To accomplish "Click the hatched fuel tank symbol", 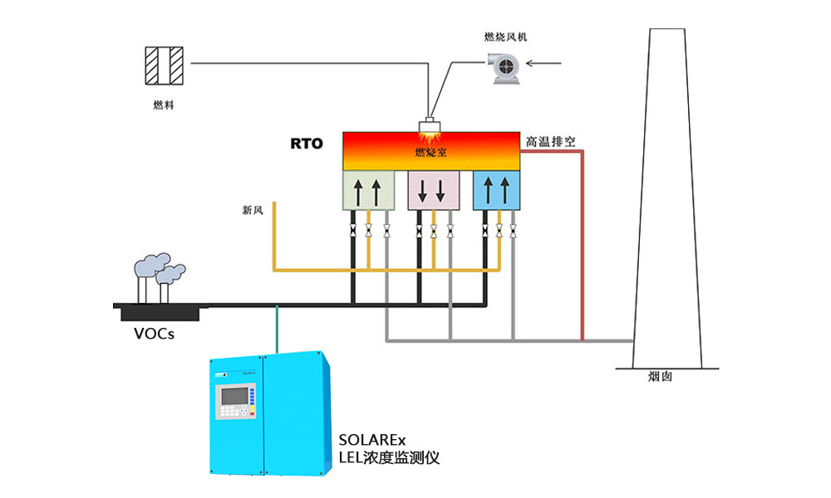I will tap(164, 65).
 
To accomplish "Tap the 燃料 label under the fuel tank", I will tap(164, 105).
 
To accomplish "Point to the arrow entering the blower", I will tap(548, 62).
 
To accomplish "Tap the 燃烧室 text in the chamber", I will tap(431, 153).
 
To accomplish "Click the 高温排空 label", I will tap(550, 142).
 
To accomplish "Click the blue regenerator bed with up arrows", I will tap(496, 191).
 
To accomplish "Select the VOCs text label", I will tap(154, 335).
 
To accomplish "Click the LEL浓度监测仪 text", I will tap(389, 457).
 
